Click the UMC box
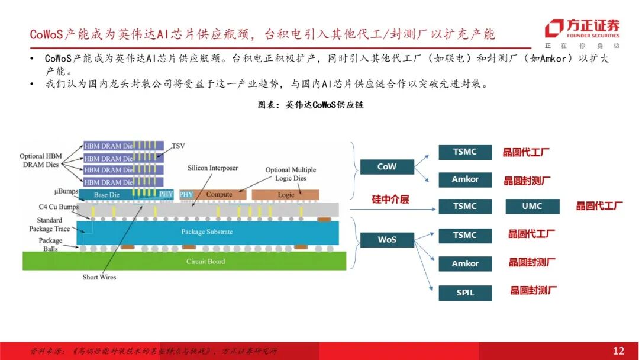click(532, 206)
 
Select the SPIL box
click(465, 292)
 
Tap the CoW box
click(387, 166)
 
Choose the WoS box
click(387, 240)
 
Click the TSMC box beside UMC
click(465, 206)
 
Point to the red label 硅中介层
click(390, 200)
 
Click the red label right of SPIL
click(533, 291)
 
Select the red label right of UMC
click(599, 206)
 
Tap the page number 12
click(618, 351)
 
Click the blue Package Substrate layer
click(207, 232)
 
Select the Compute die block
click(219, 194)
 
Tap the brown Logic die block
click(285, 194)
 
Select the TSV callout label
click(178, 146)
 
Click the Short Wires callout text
click(99, 277)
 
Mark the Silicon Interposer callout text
click(212, 168)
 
